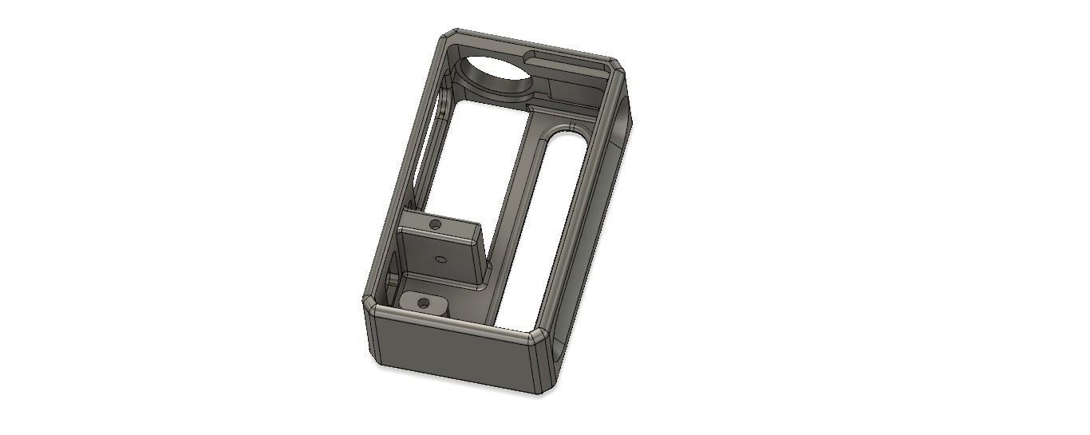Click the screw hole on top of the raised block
435,225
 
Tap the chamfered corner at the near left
369,307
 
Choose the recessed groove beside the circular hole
567,58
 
